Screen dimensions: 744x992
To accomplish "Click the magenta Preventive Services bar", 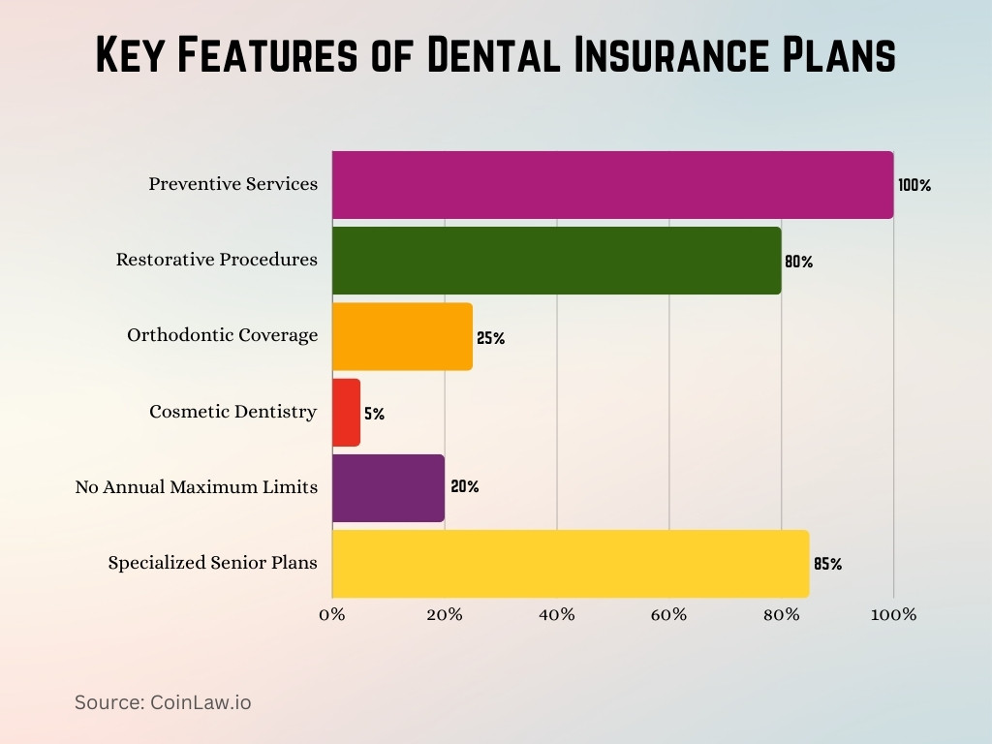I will [x=612, y=184].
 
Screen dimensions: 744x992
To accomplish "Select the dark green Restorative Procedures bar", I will [x=556, y=261].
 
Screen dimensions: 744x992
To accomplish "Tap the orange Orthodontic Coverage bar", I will [x=402, y=336].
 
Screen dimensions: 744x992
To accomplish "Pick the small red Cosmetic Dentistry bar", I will [x=346, y=413].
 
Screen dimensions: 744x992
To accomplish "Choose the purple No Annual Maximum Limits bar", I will [x=387, y=488].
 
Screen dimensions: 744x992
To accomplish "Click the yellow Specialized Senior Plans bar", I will [x=570, y=564].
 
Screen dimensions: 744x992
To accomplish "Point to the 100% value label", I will [x=914, y=185].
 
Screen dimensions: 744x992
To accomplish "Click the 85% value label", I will [x=827, y=564].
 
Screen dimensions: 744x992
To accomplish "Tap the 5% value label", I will [x=374, y=414].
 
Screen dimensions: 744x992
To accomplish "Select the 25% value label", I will [x=490, y=338].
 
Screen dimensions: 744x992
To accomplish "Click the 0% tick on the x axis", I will [x=332, y=615].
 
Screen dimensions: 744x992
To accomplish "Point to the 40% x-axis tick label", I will [x=556, y=615].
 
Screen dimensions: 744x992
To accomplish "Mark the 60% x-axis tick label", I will [x=668, y=615].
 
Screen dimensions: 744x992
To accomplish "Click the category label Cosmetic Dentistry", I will [x=232, y=412].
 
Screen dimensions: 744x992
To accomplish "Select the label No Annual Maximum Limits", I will [x=196, y=487].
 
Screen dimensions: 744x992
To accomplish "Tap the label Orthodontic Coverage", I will [x=222, y=335].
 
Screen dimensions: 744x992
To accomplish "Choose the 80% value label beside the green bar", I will [x=798, y=262].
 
